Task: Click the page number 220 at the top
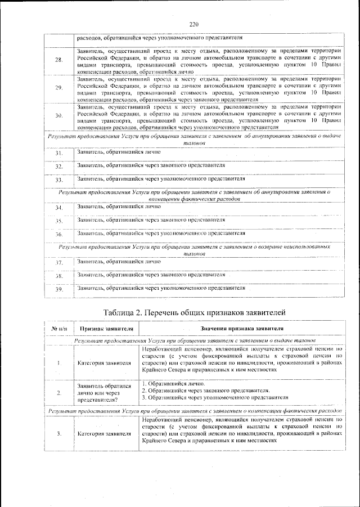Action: (x=195, y=24)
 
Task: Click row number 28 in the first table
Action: (x=58, y=60)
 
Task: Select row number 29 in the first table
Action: (x=58, y=88)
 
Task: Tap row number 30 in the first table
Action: (x=58, y=115)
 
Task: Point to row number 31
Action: (x=58, y=154)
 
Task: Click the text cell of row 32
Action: (x=151, y=166)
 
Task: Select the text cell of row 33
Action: (x=161, y=179)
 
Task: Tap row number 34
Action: (x=58, y=208)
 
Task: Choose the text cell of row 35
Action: (x=151, y=220)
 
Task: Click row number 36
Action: (x=58, y=234)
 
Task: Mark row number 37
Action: (x=58, y=263)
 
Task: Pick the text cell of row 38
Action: (x=151, y=275)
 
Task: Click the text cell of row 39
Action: (x=161, y=288)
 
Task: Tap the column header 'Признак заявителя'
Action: (x=106, y=329)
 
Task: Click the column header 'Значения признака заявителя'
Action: (x=241, y=329)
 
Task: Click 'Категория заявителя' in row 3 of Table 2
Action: (x=106, y=434)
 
